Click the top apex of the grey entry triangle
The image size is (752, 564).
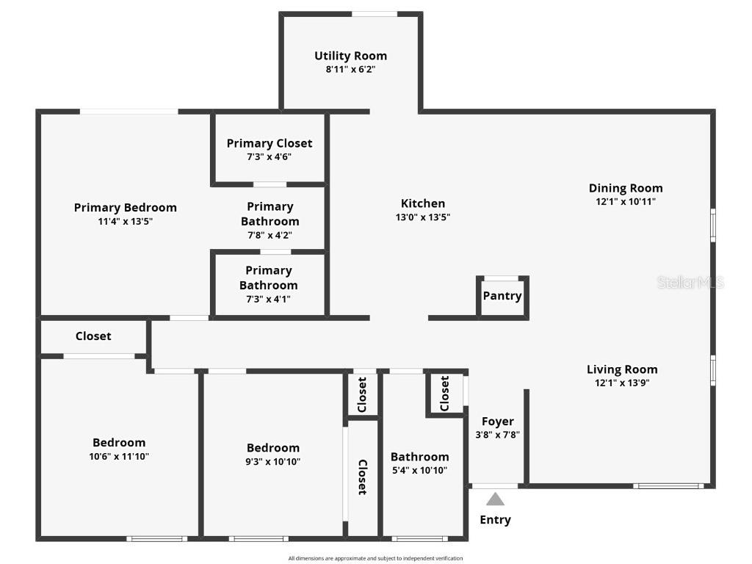coord(496,493)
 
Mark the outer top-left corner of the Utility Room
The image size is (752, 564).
coord(279,12)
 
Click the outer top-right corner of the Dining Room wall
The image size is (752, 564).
coord(715,109)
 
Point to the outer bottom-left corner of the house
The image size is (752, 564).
coord(36,541)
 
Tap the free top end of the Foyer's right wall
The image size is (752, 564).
coord(526,389)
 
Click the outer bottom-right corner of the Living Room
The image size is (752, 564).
coord(715,488)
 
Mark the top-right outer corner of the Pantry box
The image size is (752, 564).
coord(529,276)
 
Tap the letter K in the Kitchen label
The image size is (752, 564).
coord(405,203)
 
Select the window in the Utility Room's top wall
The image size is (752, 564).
coord(375,15)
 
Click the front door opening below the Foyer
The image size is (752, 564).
coord(496,486)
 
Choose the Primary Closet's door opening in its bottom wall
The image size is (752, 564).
coord(270,184)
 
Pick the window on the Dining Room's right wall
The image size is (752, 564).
coord(713,225)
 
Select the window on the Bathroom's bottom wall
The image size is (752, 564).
coord(419,539)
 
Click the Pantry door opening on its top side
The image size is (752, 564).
coord(501,278)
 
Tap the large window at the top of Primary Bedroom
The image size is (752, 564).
coord(129,112)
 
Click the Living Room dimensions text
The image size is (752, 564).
coord(622,383)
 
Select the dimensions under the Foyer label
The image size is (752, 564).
coord(497,435)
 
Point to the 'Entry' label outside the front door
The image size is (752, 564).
coord(496,520)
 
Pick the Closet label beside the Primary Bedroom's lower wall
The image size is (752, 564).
coord(93,336)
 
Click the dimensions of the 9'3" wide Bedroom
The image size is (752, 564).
coord(273,461)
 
